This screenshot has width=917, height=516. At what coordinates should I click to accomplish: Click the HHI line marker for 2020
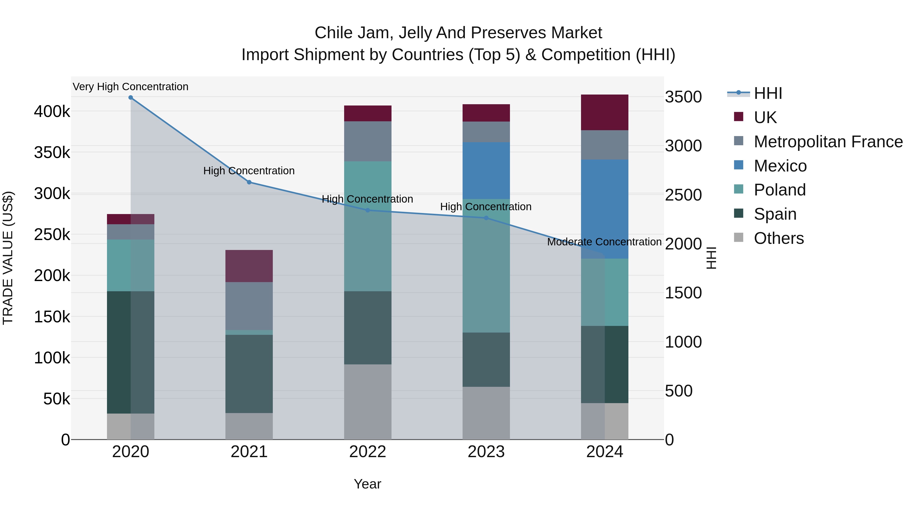(131, 98)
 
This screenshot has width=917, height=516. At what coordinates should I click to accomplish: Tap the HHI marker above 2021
(249, 182)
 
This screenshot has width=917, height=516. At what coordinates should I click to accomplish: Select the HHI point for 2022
(368, 210)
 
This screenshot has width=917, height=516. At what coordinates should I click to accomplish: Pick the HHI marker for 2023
(486, 218)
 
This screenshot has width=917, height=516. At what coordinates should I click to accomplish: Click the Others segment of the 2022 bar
(368, 402)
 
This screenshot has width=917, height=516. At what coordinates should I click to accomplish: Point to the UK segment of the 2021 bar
(249, 266)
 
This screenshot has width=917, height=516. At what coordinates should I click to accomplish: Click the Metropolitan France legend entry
(828, 142)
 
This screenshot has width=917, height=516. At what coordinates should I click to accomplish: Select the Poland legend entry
(780, 190)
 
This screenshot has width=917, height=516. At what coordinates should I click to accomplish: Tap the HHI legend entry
(768, 93)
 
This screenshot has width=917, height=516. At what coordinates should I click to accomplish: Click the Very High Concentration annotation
(131, 87)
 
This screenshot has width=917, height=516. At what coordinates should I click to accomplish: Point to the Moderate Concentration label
(604, 242)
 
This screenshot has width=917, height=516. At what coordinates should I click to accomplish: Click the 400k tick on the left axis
(52, 111)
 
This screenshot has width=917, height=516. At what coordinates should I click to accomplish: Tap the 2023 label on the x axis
(486, 452)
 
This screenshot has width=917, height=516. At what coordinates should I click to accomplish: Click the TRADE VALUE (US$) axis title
(8, 258)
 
